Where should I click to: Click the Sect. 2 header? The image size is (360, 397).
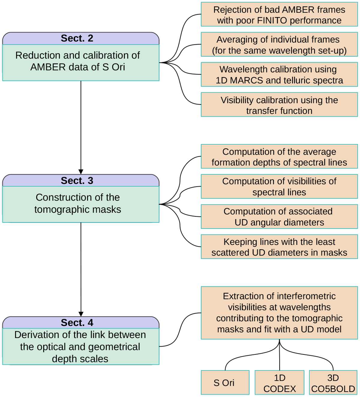pos(77,38)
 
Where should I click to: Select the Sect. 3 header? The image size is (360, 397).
pos(77,181)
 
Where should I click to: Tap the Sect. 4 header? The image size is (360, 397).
pos(77,323)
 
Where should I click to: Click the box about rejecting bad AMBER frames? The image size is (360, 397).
pos(279,15)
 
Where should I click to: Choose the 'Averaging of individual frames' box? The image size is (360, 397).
pos(279,45)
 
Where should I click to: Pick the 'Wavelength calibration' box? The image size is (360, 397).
pos(279,75)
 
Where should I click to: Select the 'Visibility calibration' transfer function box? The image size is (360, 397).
pos(279,105)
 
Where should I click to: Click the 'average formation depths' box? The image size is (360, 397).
pos(279,157)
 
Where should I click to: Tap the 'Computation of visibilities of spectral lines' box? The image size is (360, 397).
pos(279,187)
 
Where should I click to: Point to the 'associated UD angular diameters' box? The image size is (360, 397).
pos(279,217)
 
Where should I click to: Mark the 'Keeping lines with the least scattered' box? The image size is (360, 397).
pos(279,247)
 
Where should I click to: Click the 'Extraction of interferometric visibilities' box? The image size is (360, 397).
pos(279,313)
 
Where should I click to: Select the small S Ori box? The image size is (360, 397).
pos(225,383)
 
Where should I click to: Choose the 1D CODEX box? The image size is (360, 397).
pos(279,383)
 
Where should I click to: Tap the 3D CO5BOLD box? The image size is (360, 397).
pos(333,383)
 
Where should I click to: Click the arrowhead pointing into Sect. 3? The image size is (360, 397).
pos(81,172)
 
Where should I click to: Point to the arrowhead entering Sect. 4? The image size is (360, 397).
pos(81,314)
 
